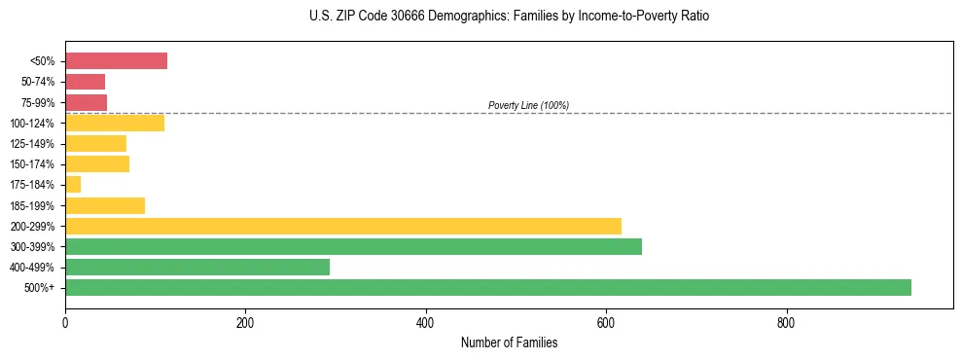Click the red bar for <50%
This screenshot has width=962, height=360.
click(116, 61)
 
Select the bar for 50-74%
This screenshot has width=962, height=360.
click(85, 82)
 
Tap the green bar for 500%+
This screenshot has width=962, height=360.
click(487, 287)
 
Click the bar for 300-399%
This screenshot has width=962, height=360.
click(353, 246)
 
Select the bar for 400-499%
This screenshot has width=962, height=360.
click(197, 267)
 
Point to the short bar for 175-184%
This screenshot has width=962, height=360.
click(73, 185)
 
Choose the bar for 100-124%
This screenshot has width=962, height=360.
click(115, 123)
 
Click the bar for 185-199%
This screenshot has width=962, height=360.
click(105, 205)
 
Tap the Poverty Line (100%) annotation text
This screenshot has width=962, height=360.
click(528, 105)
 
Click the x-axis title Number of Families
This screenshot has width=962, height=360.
click(509, 342)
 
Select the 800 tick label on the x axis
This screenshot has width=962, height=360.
click(786, 322)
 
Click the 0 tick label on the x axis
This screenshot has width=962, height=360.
click(65, 322)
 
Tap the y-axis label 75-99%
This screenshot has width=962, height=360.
click(38, 102)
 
